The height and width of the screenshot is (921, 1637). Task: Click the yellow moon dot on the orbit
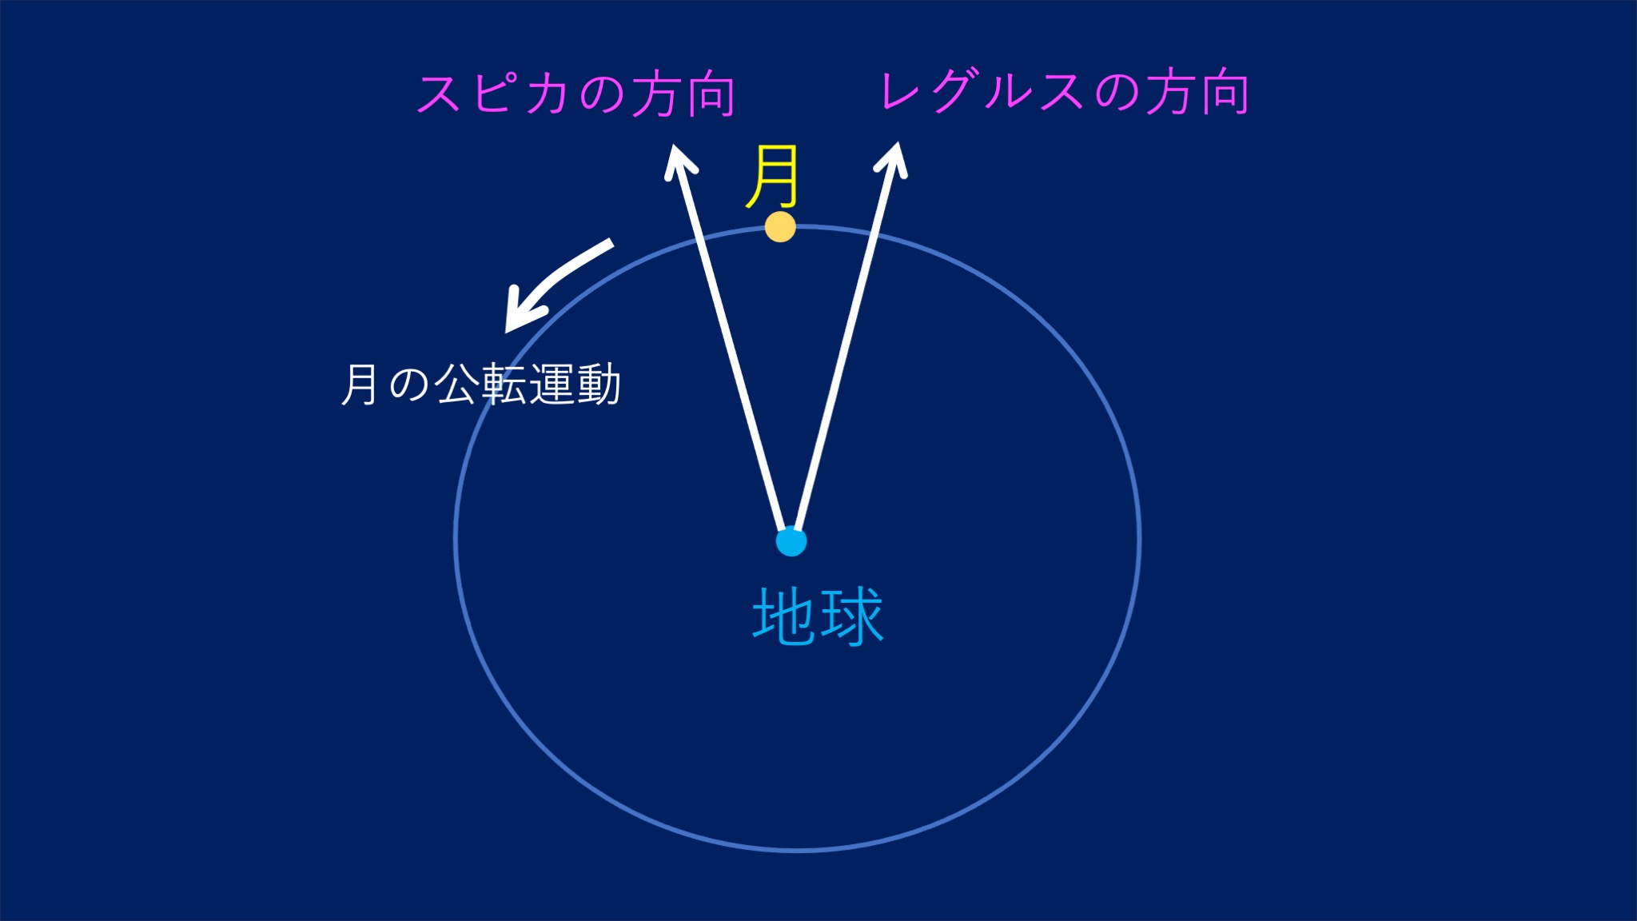780,227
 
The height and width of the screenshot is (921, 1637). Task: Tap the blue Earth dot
791,541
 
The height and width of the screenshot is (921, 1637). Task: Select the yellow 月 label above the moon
772,177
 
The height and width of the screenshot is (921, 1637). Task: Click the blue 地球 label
818,616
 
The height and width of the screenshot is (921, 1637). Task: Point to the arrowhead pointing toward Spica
679,162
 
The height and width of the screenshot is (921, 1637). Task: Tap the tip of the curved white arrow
506,331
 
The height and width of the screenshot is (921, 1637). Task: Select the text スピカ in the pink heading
493,94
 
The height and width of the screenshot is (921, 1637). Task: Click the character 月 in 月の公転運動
360,385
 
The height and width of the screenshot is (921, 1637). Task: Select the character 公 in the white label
456,385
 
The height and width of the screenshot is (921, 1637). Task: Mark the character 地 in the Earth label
784,616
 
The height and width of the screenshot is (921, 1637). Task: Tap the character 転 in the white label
504,385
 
